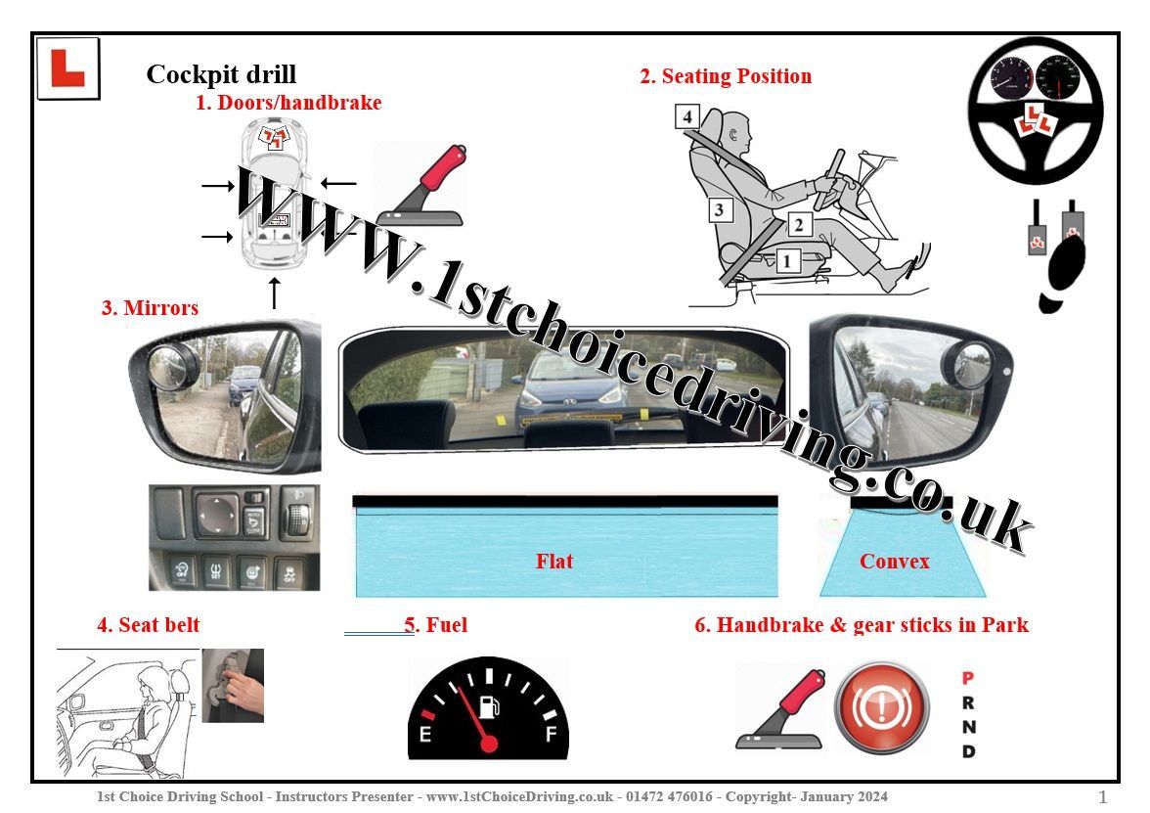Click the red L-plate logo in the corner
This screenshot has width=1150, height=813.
[x=67, y=68]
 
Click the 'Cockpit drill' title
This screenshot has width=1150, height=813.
[x=221, y=74]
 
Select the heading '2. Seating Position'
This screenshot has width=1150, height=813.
[x=726, y=76]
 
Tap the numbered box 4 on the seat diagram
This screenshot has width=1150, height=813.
[x=687, y=116]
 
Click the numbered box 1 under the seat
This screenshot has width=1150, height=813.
[x=787, y=260]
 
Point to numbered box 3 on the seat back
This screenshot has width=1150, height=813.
[x=720, y=209]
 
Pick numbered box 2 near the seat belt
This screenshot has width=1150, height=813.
[x=799, y=225]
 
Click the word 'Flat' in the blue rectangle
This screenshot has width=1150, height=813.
[x=553, y=562]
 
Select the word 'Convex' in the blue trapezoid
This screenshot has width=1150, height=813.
[x=894, y=562]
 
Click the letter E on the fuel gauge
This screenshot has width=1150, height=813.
[x=424, y=733]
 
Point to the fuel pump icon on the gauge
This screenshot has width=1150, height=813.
[x=489, y=706]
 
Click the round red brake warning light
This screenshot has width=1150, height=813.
[x=882, y=708]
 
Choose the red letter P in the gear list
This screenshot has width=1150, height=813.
[x=968, y=678]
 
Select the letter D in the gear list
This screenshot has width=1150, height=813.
[x=968, y=751]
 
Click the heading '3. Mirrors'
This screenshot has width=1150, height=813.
[x=150, y=307]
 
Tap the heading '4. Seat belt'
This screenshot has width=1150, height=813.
[x=149, y=625]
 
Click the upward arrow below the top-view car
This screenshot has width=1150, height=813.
[x=274, y=293]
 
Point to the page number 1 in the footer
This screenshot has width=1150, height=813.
[x=1103, y=796]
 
